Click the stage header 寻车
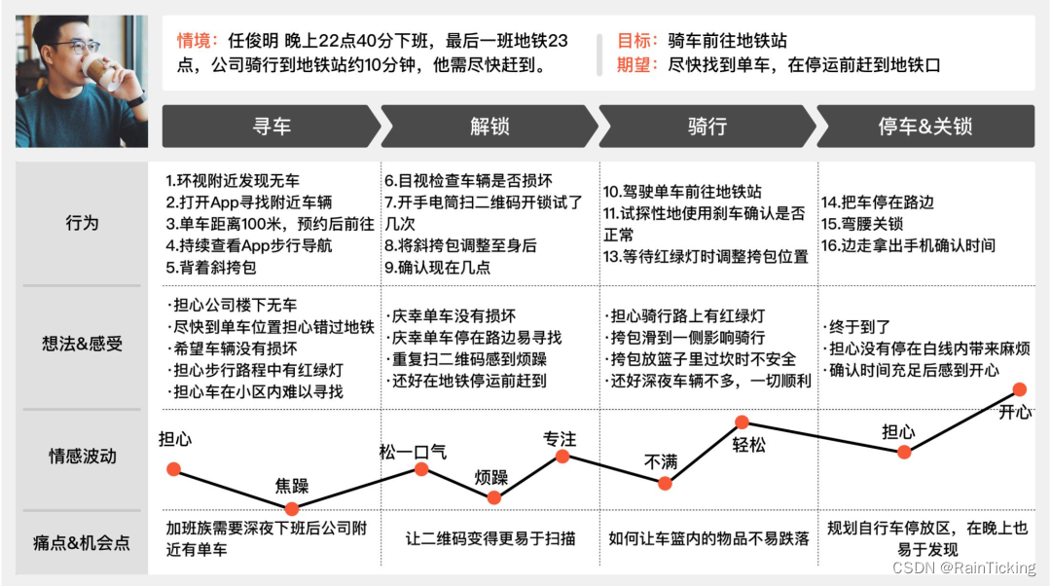tap(272, 127)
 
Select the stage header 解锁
tap(489, 127)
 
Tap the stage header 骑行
tap(707, 127)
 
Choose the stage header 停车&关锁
tap(925, 127)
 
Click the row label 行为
tap(83, 222)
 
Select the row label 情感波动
tap(83, 456)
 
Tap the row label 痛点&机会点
tap(83, 542)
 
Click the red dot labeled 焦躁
tap(291, 508)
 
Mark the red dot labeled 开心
tap(1018, 390)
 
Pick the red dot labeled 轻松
tap(742, 422)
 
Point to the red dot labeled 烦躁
tap(493, 497)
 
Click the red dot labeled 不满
tap(665, 482)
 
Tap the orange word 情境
tap(192, 41)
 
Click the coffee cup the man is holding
tap(95, 70)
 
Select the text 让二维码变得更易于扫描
tap(490, 538)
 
